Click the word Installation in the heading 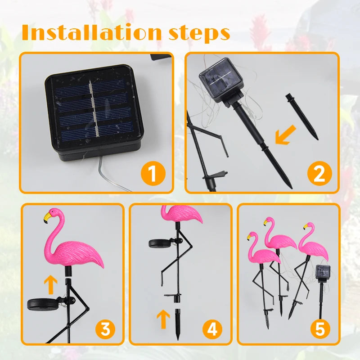[x=90, y=32]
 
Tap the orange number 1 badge [x=152, y=174]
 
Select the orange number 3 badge [x=105, y=329]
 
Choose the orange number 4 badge [x=212, y=329]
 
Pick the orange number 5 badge [x=319, y=329]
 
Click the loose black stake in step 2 [x=301, y=116]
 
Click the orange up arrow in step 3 [x=51, y=285]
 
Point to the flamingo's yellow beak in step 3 [x=47, y=218]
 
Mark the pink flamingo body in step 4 [x=182, y=213]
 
